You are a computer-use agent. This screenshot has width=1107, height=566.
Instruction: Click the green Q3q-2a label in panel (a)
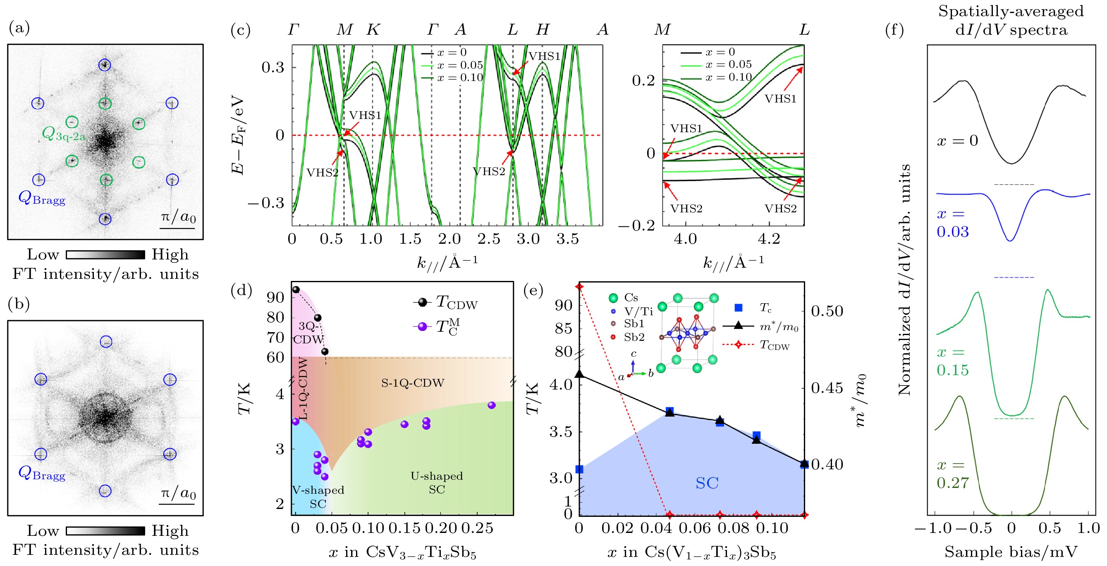coord(64,134)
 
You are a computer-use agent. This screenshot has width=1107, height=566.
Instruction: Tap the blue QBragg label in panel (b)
coord(42,474)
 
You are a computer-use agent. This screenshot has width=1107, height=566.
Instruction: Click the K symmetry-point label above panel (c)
coord(373,30)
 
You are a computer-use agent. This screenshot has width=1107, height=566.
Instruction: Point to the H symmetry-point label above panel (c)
coord(542,30)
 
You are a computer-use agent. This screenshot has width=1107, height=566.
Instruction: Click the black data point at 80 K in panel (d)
coord(318,318)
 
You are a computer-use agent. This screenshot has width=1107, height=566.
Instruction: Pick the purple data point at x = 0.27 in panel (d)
coord(492,405)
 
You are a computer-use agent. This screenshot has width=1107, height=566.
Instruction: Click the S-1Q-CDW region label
coord(413,383)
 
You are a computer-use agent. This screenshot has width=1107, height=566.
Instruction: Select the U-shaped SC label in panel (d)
coord(437,482)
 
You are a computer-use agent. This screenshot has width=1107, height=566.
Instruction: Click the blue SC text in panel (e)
coord(707,483)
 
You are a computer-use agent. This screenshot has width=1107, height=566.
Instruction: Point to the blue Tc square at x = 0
coord(579,469)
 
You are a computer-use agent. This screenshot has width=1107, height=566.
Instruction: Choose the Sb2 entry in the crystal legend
coord(634,337)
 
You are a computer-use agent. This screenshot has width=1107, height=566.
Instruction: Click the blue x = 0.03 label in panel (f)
coord(952,223)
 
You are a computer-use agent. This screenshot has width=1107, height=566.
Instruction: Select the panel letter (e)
coord(533,291)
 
